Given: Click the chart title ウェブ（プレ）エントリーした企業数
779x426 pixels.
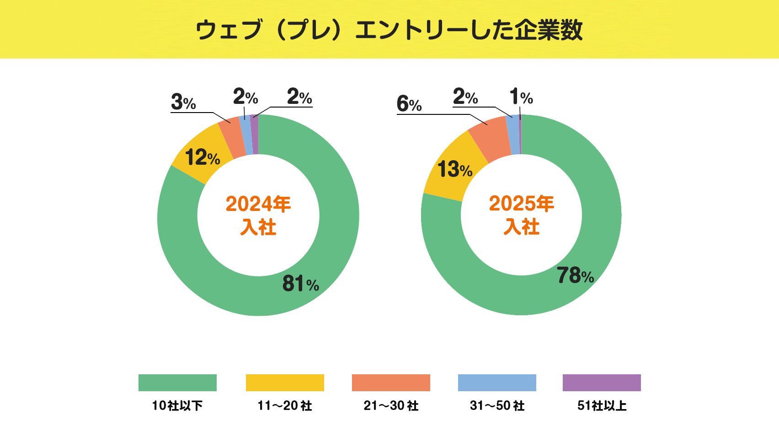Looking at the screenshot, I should tap(389, 30).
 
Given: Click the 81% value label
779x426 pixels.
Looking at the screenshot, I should tap(300, 284).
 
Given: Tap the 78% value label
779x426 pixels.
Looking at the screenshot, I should tap(575, 275).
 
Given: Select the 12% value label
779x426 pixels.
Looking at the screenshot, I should tap(203, 158).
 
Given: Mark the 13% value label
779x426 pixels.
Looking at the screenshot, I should tap(455, 169).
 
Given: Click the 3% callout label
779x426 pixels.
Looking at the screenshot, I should tap(183, 102).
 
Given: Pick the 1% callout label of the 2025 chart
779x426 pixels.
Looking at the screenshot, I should tap(521, 97).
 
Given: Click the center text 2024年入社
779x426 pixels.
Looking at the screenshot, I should tap(258, 215).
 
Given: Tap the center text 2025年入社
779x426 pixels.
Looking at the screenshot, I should tap(522, 215).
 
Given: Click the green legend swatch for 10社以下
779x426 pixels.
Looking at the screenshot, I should tap(177, 383).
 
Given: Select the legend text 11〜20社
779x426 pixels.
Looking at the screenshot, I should tap(284, 405).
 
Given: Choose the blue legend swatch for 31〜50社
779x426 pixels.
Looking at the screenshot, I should tap(497, 383).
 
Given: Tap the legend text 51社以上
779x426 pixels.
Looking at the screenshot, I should tap(602, 405).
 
